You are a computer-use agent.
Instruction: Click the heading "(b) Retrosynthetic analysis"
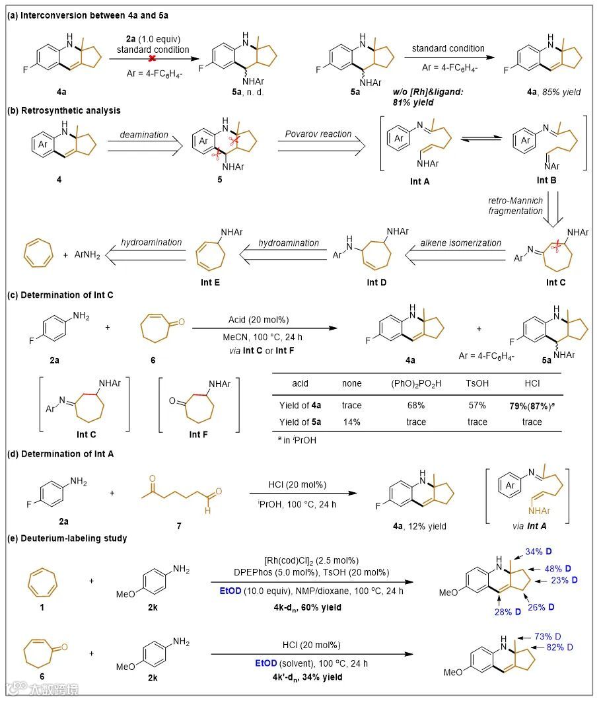55,110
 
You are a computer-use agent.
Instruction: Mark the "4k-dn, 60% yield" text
311,606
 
